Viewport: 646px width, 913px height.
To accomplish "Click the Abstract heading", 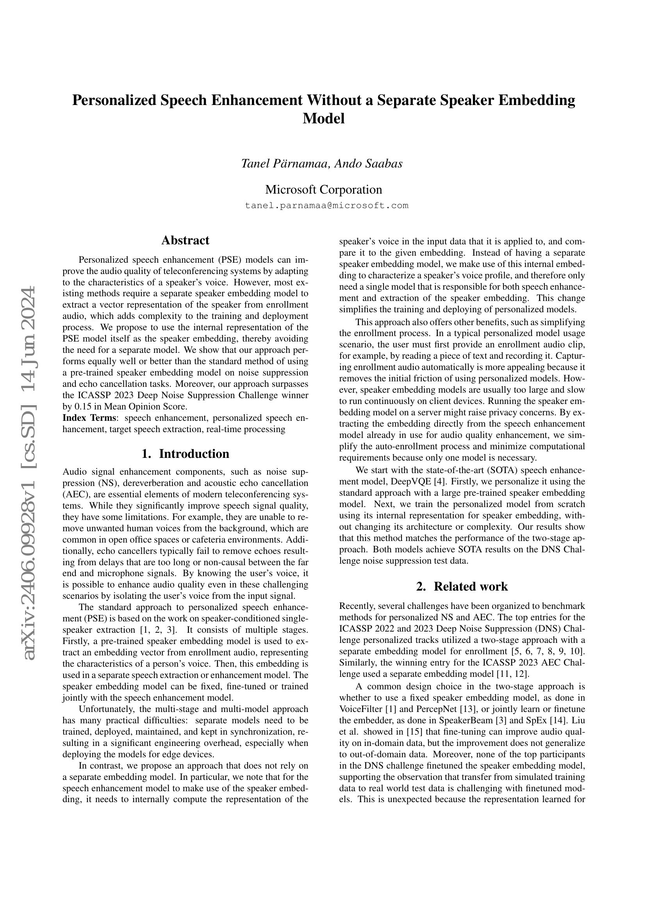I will (185, 240).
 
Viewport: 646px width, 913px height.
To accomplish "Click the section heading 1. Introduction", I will (185, 454).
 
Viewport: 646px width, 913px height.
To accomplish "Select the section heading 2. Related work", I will (462, 587).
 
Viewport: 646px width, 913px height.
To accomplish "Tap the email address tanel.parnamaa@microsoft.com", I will (327, 206).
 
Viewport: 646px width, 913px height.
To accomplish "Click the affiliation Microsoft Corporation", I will (323, 189).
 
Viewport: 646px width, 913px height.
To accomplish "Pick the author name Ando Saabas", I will (368, 164).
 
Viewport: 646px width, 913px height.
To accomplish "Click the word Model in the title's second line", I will (323, 119).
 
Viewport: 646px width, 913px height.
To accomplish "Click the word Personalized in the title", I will (114, 100).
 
